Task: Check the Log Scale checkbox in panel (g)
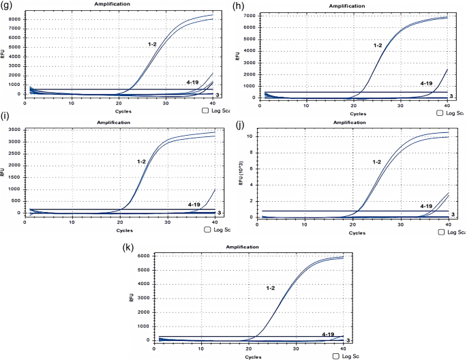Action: tap(206, 110)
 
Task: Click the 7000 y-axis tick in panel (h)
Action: tap(249, 15)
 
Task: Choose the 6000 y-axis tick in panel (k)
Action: tap(145, 256)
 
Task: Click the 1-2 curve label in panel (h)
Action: tap(377, 45)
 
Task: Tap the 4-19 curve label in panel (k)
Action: tap(328, 334)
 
